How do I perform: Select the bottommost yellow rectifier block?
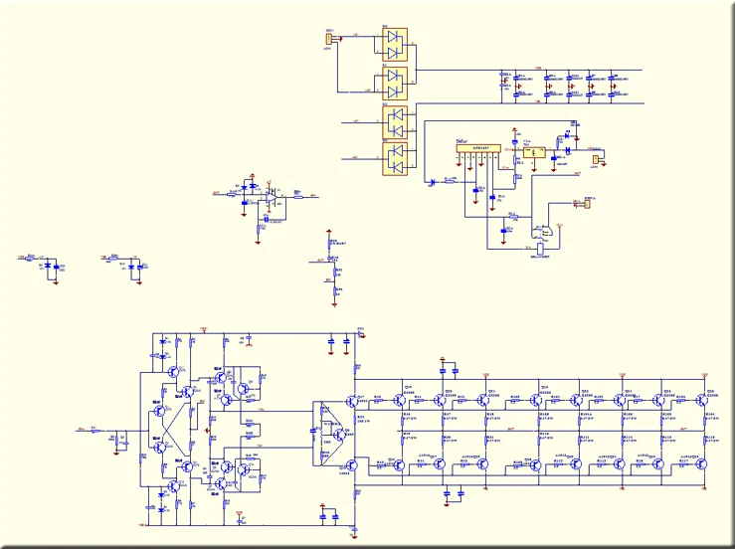396,157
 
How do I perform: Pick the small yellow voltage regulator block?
535,152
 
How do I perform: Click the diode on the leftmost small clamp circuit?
48,266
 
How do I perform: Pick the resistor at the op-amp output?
295,196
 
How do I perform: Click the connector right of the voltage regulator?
597,158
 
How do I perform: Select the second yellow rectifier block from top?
396,79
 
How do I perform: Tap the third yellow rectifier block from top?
396,120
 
